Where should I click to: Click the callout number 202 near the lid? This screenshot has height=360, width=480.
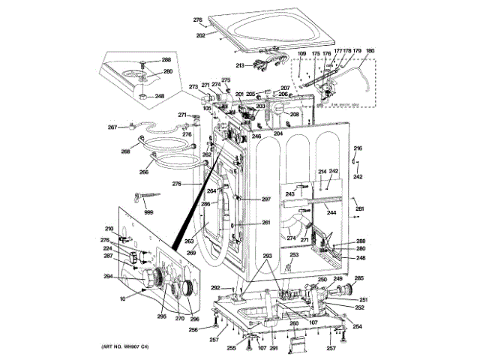[x=200, y=34]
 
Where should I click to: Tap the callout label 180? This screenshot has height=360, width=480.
[x=370, y=52]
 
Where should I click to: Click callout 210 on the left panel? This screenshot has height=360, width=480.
[x=109, y=229]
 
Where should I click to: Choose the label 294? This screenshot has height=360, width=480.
[x=109, y=277]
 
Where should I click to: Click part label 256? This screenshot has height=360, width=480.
[x=193, y=329]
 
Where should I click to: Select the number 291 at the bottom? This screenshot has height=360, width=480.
[x=274, y=348]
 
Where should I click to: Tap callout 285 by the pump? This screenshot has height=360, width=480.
[x=358, y=279]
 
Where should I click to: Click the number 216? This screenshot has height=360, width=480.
[x=358, y=148]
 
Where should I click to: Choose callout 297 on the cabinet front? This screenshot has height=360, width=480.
[x=265, y=199]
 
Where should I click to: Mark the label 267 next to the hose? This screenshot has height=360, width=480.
[x=112, y=127]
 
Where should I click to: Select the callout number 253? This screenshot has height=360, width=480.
[x=294, y=255]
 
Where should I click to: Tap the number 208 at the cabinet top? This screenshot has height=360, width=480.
[x=294, y=115]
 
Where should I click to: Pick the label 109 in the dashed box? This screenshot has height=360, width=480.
[x=302, y=54]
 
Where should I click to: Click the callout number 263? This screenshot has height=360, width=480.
[x=189, y=241]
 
